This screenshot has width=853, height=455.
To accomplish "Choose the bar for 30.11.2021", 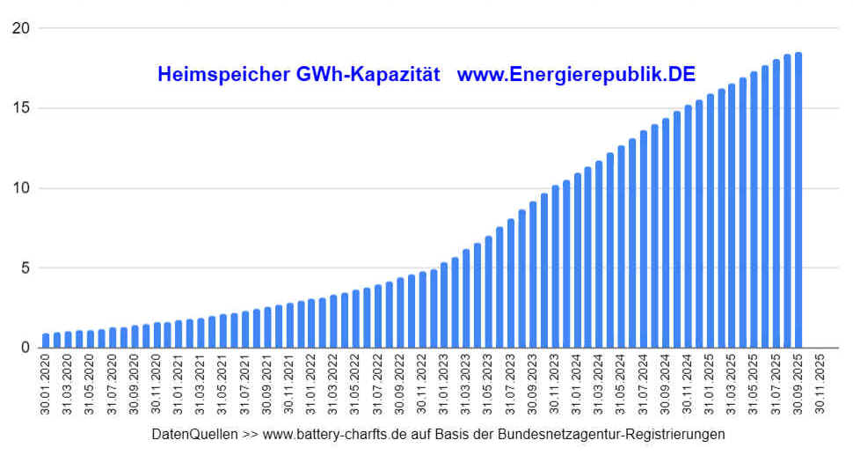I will tap(289, 326).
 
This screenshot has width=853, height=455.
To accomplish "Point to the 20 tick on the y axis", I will tap(21, 28).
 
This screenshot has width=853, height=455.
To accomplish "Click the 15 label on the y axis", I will tap(21, 108).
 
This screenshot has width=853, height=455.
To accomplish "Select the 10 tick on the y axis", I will tap(21, 187).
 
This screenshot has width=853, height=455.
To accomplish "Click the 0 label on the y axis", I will tap(26, 348).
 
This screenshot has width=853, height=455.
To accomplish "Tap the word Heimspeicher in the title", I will tap(220, 75).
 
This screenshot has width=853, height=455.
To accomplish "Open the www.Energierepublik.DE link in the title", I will tap(576, 75).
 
